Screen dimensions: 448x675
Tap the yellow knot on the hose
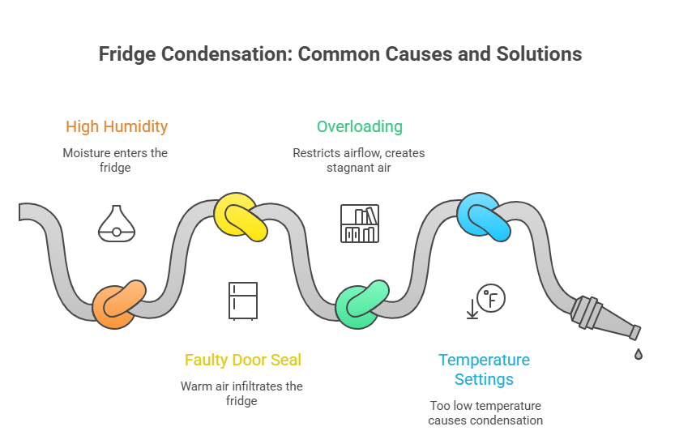click(x=241, y=217)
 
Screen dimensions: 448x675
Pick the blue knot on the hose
click(x=485, y=216)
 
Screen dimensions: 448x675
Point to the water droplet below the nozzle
click(x=639, y=354)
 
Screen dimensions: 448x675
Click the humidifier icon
click(x=116, y=222)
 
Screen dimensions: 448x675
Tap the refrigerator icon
click(x=242, y=301)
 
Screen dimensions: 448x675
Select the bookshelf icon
click(x=359, y=224)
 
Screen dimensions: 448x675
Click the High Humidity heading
click(x=117, y=126)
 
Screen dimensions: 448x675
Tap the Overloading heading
click(x=359, y=126)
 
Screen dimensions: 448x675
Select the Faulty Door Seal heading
click(x=242, y=360)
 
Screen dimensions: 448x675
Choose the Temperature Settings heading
click(x=484, y=369)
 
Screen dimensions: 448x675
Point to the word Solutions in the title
click(x=535, y=54)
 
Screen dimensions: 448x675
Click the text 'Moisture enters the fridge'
click(x=116, y=160)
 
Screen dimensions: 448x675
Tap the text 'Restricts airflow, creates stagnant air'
click(x=359, y=160)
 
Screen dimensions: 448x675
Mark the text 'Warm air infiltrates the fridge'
click(x=241, y=393)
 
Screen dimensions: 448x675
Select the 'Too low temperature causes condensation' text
click(x=485, y=412)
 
